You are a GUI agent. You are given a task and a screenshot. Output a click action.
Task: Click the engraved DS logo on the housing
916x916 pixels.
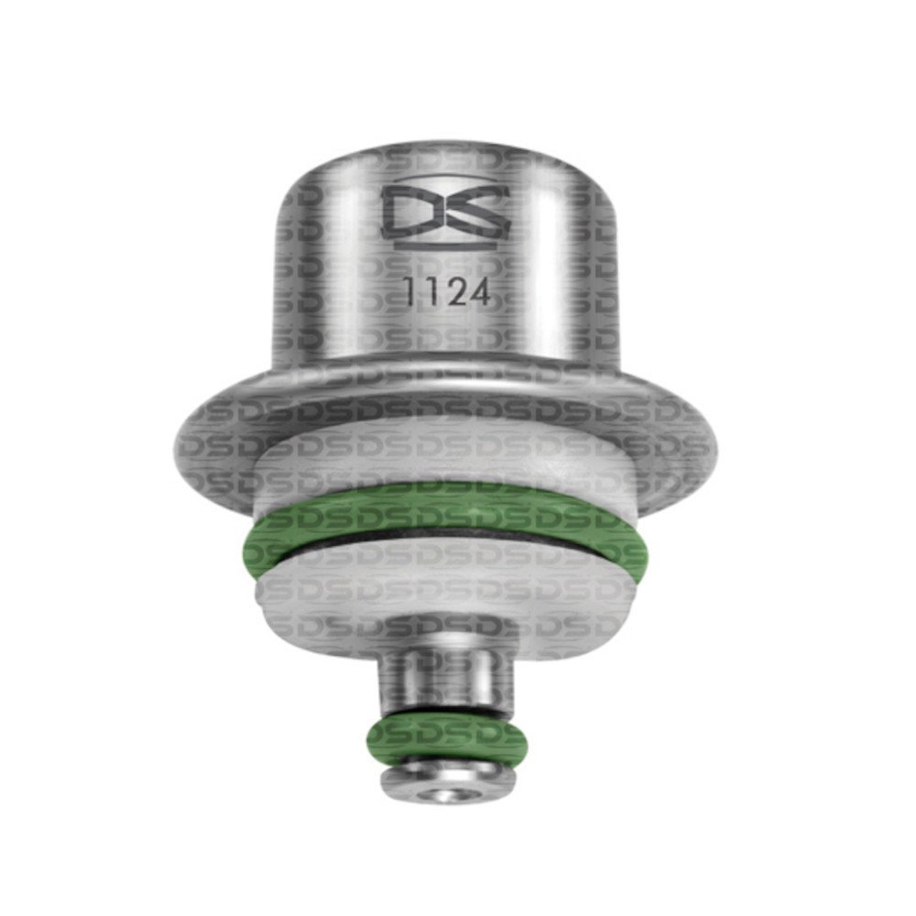pyautogui.click(x=445, y=213)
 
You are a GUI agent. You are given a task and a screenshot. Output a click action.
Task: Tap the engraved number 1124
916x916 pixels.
pyautogui.click(x=448, y=292)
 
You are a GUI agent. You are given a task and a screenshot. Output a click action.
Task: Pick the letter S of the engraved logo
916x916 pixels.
pyautogui.click(x=476, y=213)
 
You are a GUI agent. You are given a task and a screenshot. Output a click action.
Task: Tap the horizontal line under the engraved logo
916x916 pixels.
pyautogui.click(x=445, y=247)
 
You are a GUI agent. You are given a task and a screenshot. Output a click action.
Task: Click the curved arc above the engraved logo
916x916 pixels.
pyautogui.click(x=445, y=176)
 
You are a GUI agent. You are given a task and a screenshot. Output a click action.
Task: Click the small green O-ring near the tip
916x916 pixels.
pyautogui.click(x=447, y=737)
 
